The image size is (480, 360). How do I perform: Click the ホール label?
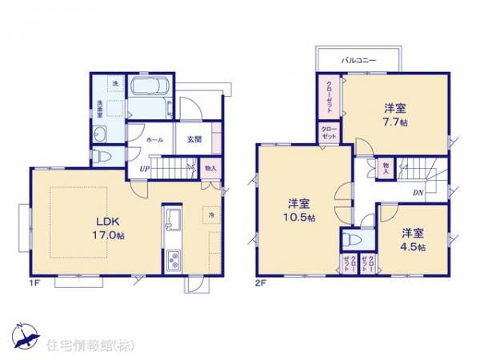pyautogui.click(x=155, y=139)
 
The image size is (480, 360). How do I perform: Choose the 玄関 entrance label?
pyautogui.click(x=194, y=139)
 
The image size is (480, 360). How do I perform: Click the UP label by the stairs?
pyautogui.click(x=145, y=168)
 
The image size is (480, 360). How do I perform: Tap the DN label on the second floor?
pyautogui.click(x=418, y=192)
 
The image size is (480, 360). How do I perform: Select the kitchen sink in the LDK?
pyautogui.click(x=174, y=220)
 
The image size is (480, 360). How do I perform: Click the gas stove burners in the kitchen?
pyautogui.click(x=174, y=258)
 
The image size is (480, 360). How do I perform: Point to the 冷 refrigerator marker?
pyautogui.click(x=212, y=216)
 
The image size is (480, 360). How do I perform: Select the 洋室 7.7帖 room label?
pyautogui.click(x=393, y=114)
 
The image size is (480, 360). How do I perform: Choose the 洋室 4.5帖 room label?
pyautogui.click(x=413, y=239)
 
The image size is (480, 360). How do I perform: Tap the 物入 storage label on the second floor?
pyautogui.click(x=385, y=168)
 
